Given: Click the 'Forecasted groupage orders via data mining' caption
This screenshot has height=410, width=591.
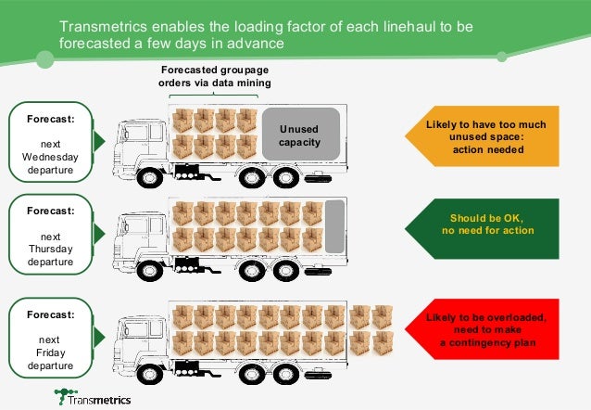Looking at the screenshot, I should (x=215, y=77).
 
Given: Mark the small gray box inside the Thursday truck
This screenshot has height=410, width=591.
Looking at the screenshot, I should (x=335, y=225).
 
